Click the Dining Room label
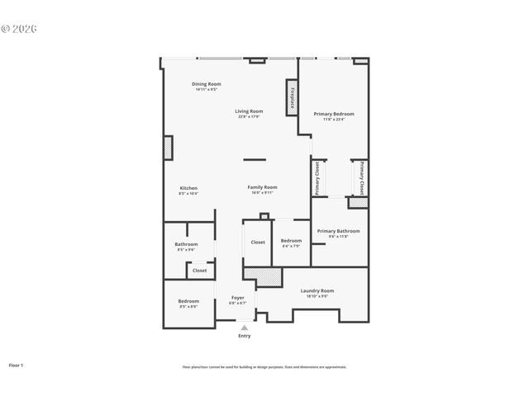(207, 83)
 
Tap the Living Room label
(248, 111)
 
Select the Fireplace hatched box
(292, 96)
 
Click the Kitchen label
(188, 188)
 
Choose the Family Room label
(262, 187)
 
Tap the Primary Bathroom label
(338, 231)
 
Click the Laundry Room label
(317, 290)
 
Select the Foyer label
(237, 298)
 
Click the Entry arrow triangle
(244, 328)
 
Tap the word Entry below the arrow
(244, 336)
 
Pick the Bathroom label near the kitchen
(186, 244)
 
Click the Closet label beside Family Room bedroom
(258, 243)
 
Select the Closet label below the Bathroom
(200, 270)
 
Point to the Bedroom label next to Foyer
(188, 301)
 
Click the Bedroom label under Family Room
(291, 240)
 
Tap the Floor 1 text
(17, 364)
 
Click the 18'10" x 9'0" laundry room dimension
(317, 296)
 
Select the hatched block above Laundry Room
(269, 276)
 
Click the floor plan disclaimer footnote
(264, 367)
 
